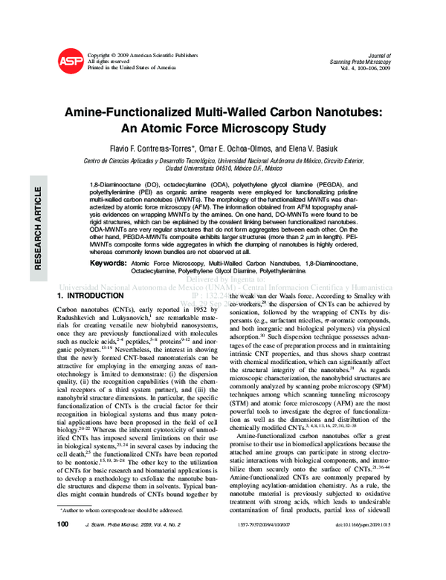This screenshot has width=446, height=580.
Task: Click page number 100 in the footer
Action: tap(63, 567)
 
